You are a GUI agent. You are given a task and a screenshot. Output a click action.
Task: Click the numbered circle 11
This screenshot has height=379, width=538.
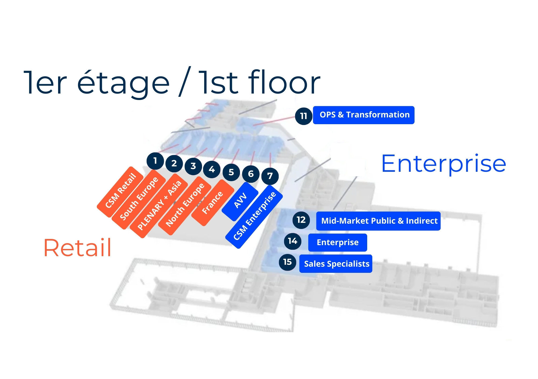point(304,116)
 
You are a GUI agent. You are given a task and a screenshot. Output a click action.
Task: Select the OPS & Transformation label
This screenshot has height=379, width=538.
point(364,115)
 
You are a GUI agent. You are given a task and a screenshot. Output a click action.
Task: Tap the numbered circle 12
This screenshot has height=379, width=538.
point(301,220)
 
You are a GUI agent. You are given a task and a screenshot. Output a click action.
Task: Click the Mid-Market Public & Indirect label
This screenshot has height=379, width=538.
point(378,221)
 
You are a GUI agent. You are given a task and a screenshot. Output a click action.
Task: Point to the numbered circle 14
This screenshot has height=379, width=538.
point(293,241)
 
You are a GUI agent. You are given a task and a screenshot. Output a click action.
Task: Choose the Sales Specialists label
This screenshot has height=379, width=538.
point(336,264)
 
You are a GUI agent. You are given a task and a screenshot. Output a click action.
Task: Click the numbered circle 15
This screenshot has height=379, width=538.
point(288,262)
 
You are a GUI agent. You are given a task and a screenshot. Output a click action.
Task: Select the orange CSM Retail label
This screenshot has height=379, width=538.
point(120,191)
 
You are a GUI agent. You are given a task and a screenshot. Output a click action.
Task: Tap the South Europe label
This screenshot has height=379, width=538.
point(139,199)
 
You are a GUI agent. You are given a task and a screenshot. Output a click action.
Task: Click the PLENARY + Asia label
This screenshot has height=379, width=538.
point(159,206)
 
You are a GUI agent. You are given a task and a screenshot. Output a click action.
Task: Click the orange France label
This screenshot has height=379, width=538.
point(213,203)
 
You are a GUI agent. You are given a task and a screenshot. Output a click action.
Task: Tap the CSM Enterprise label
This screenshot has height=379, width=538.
point(254,216)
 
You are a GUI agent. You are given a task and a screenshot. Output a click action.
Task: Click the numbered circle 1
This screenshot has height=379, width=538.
point(155,161)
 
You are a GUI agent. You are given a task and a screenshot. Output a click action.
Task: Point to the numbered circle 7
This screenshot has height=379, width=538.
point(270,176)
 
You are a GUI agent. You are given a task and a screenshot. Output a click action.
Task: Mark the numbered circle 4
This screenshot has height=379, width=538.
point(212,169)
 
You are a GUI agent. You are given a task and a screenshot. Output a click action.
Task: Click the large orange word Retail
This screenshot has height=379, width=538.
point(77,248)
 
